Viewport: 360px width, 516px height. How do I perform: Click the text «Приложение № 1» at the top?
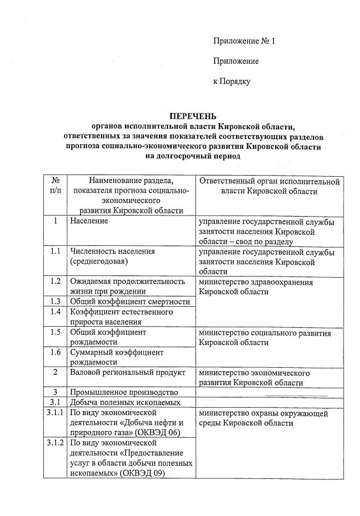(244, 41)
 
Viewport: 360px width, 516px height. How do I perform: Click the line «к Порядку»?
(231, 82)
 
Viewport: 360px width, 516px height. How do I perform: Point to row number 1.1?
(55, 251)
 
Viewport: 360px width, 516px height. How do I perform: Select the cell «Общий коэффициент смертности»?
(129, 302)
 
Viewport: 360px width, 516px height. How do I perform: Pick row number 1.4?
(55, 312)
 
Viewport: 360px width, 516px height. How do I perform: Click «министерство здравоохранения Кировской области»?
(256, 287)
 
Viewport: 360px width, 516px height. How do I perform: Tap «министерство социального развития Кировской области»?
(265, 337)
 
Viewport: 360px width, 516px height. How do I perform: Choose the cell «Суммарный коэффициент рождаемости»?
(117, 357)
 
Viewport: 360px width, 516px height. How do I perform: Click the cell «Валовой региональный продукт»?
(128, 373)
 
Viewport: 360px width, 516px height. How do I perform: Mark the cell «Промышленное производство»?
(128, 392)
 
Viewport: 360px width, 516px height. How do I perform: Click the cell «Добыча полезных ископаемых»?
(125, 403)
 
